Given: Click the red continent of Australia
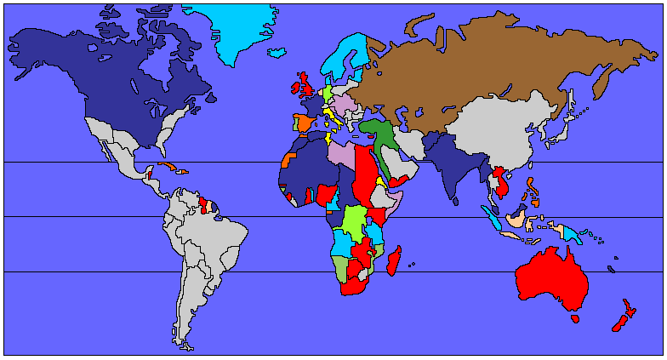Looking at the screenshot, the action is tap(553, 277).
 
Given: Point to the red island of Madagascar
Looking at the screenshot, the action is tap(394, 260).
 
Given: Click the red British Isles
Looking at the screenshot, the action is tap(305, 87).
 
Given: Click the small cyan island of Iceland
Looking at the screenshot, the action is tap(276, 53).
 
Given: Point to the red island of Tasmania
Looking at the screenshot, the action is tap(576, 319).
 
